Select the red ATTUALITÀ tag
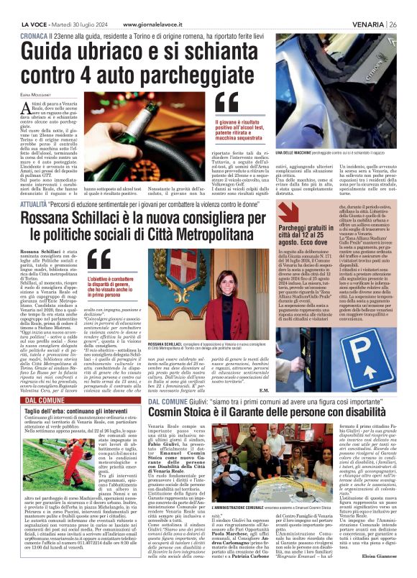click(37, 184)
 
